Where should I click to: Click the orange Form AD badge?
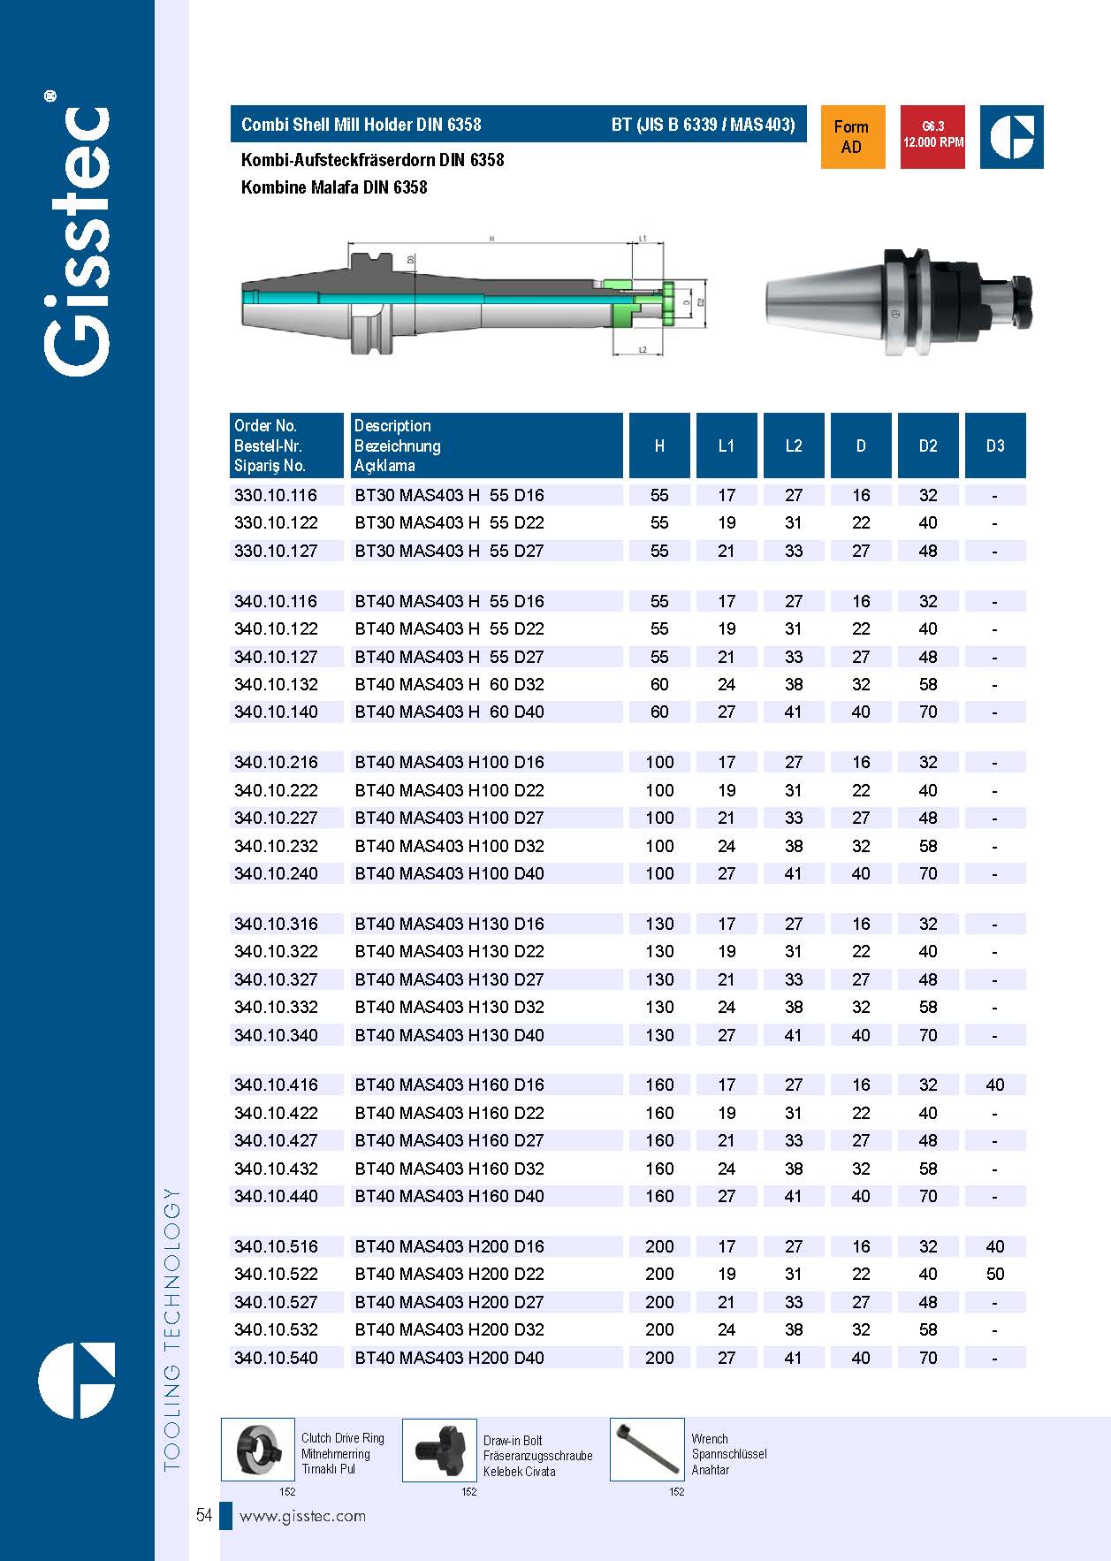[852, 137]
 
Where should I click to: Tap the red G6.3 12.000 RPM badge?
[932, 137]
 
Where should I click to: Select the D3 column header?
[995, 445]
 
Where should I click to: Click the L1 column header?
[727, 445]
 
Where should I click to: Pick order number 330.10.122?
[276, 522]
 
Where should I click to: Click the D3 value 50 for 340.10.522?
[995, 1274]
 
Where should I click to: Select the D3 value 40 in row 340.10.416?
[995, 1085]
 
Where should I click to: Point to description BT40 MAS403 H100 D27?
[449, 818]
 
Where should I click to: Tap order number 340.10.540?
[276, 1358]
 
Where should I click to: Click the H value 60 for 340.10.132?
[659, 684]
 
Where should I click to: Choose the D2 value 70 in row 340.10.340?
[928, 1035]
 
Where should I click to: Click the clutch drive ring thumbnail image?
[257, 1450]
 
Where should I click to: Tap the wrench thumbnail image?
[647, 1450]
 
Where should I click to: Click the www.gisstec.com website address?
[302, 1516]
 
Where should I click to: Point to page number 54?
[204, 1516]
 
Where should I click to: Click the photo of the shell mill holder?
[897, 303]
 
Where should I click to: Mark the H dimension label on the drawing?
[491, 238]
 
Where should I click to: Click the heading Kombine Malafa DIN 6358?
[334, 187]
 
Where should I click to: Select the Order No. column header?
[286, 445]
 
